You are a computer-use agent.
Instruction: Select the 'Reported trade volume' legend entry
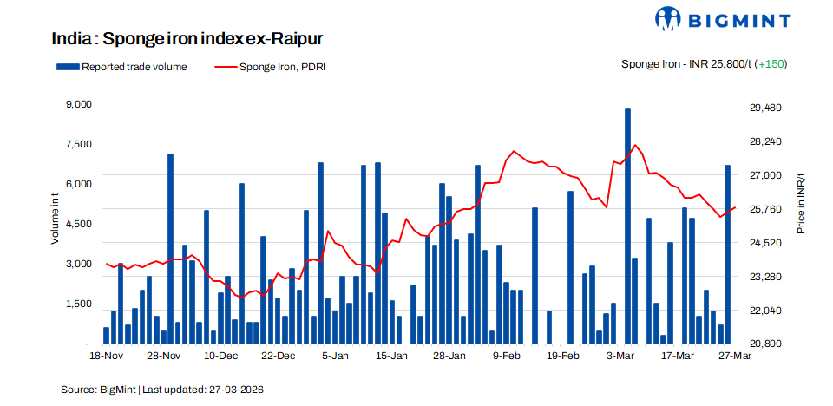(x=121, y=66)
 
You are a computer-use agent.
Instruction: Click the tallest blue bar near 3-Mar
(x=627, y=226)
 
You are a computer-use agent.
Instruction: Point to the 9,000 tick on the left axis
(x=78, y=104)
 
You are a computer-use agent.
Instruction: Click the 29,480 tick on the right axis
(x=765, y=108)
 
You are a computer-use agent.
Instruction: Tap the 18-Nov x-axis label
(x=107, y=356)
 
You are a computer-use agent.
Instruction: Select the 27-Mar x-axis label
(x=735, y=356)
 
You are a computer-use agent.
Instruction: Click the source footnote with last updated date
(x=161, y=390)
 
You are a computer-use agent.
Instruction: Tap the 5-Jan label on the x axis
(x=335, y=356)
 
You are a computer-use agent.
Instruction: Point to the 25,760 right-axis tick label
(x=765, y=209)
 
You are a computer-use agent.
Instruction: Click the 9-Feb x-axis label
(x=507, y=356)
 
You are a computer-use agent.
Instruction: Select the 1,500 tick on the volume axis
(x=78, y=304)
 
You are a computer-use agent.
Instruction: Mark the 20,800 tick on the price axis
(x=765, y=344)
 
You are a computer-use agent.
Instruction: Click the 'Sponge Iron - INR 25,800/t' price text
(x=686, y=64)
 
